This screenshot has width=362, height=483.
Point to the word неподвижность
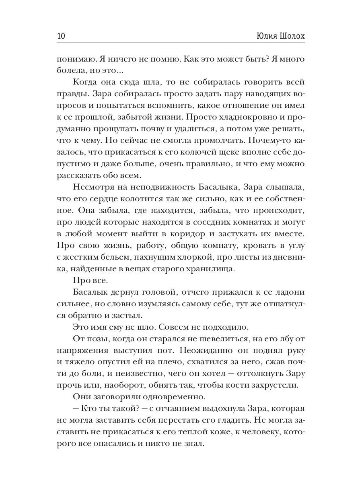pyautogui.click(x=152, y=187)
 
